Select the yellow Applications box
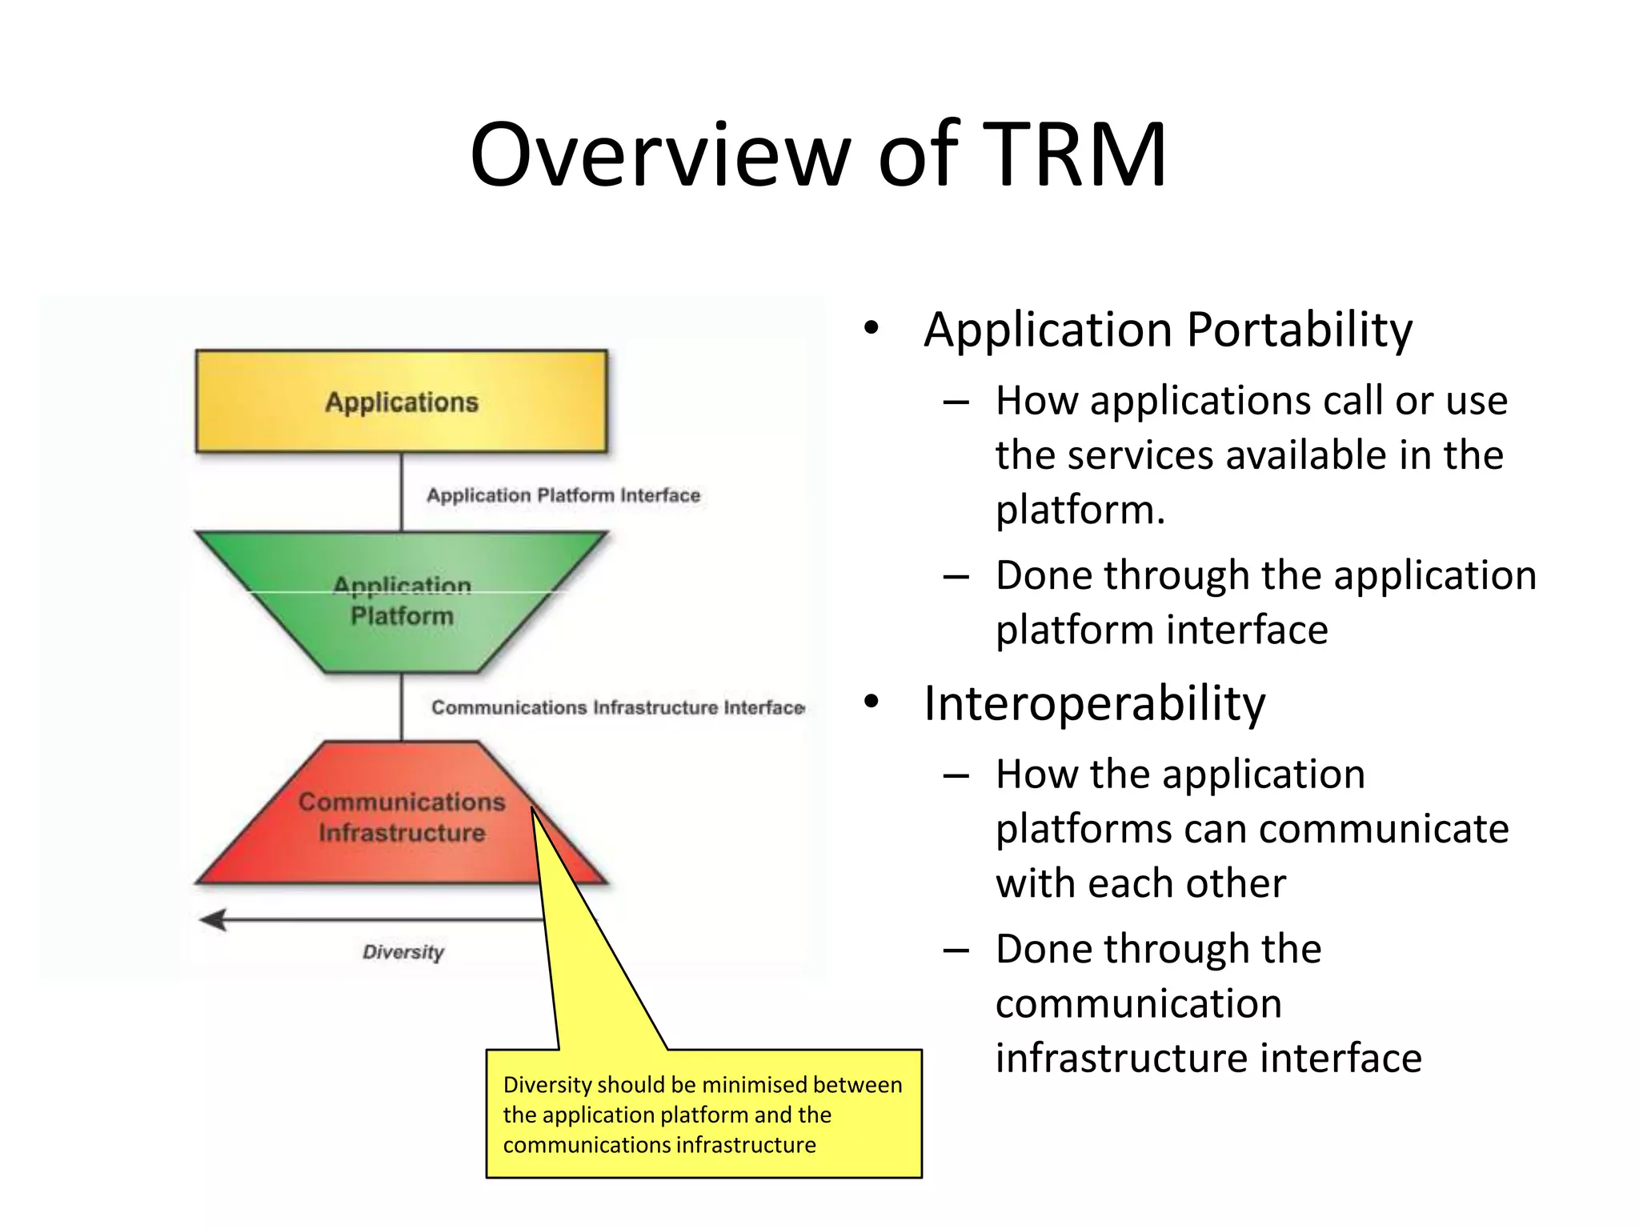click(401, 401)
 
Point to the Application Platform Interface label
click(563, 495)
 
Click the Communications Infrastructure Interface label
click(617, 707)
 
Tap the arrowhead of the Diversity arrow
click(213, 920)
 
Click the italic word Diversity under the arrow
click(403, 952)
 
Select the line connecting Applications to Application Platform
click(401, 492)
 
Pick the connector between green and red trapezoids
click(401, 707)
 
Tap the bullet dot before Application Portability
click(871, 328)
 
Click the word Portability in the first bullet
click(1300, 330)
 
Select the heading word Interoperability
click(1094, 703)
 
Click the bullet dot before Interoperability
click(871, 703)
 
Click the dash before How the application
click(956, 775)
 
